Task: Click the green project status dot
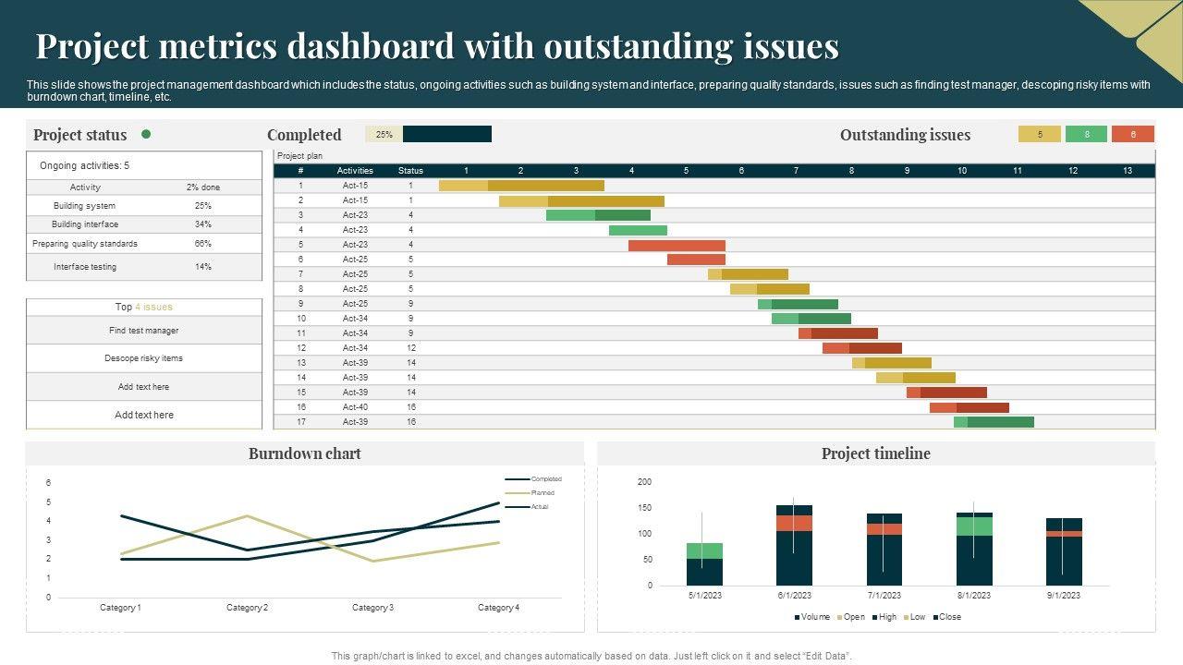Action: (x=146, y=134)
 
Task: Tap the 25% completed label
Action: (x=384, y=134)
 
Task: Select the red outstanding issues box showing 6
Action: (x=1133, y=134)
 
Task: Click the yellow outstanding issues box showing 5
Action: (x=1040, y=134)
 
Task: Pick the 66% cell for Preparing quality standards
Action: (x=203, y=244)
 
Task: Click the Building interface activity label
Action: (x=85, y=224)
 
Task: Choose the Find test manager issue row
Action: (x=143, y=331)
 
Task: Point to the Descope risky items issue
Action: (x=143, y=358)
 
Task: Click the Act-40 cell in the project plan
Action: (x=355, y=407)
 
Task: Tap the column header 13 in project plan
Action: (x=1128, y=171)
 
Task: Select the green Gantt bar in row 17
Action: (x=994, y=422)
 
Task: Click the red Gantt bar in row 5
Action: (x=677, y=246)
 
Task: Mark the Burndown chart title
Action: (x=304, y=453)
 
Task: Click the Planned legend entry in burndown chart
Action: (x=542, y=493)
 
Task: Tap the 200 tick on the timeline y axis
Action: (x=644, y=482)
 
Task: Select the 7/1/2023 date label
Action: (x=884, y=596)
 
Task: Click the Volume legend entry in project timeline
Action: (x=814, y=617)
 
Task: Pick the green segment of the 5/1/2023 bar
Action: (x=704, y=550)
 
